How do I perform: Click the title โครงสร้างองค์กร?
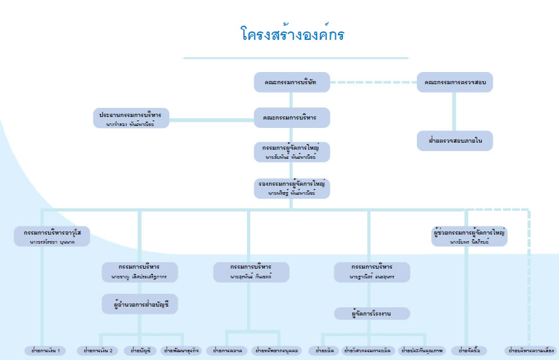tap(292, 34)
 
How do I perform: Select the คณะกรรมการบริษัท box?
tap(292, 82)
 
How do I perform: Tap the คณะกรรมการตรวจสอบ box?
tap(455, 82)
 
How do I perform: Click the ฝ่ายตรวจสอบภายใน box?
tap(455, 139)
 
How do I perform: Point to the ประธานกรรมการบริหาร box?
tap(131, 118)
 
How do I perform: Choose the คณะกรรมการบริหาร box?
tap(292, 118)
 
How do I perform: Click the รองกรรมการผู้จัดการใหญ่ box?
tap(292, 188)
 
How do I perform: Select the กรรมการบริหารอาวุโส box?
tap(51, 236)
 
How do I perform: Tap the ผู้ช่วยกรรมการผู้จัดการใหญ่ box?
tap(470, 236)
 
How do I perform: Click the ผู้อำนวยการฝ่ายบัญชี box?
tap(140, 302)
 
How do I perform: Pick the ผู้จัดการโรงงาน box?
tap(372, 314)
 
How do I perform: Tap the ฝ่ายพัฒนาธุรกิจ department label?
tap(181, 351)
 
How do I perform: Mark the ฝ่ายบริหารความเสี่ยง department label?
tap(531, 351)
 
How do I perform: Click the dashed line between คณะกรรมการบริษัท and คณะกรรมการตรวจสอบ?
tap(374, 82)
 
